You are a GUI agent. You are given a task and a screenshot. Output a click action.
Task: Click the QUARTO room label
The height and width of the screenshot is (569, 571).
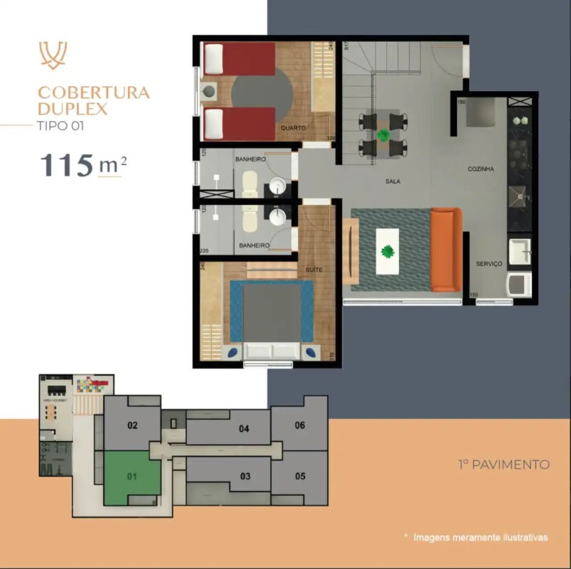pyautogui.click(x=293, y=128)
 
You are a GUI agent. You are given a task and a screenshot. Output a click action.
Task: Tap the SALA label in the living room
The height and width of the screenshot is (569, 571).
pyautogui.click(x=393, y=181)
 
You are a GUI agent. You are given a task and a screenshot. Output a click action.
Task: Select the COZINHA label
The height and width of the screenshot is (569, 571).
pyautogui.click(x=481, y=169)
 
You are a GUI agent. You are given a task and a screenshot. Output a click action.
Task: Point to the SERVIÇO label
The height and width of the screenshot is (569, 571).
pyautogui.click(x=489, y=264)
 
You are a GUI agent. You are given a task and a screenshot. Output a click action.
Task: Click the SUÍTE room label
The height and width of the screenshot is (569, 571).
pyautogui.click(x=314, y=270)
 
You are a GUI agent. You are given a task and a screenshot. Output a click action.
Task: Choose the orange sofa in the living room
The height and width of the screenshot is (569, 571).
pyautogui.click(x=447, y=250)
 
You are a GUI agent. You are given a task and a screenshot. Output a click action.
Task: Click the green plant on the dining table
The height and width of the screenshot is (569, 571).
pyautogui.click(x=383, y=134)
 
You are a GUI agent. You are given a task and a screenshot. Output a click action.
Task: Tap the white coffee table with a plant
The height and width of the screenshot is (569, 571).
pyautogui.click(x=387, y=251)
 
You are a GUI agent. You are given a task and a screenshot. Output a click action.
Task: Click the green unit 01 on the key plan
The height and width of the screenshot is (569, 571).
pyautogui.click(x=132, y=477)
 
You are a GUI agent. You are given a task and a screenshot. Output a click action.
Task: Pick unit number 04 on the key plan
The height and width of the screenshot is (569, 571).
pyautogui.click(x=244, y=429)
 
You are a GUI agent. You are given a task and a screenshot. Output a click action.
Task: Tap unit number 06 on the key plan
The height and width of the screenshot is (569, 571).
pyautogui.click(x=299, y=425)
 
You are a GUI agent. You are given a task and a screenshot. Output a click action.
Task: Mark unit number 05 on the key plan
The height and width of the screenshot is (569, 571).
pyautogui.click(x=299, y=476)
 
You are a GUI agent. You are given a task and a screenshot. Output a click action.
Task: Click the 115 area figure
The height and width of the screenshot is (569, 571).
pyautogui.click(x=66, y=165)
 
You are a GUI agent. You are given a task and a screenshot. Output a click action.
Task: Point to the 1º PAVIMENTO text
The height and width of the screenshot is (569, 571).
pyautogui.click(x=503, y=464)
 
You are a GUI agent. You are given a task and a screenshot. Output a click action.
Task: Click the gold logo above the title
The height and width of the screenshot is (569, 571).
pyautogui.click(x=53, y=55)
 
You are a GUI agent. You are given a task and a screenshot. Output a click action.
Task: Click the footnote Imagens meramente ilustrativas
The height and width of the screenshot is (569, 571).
pyautogui.click(x=481, y=538)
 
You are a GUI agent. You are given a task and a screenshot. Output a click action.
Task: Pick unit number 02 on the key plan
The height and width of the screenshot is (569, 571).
pyautogui.click(x=132, y=426)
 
